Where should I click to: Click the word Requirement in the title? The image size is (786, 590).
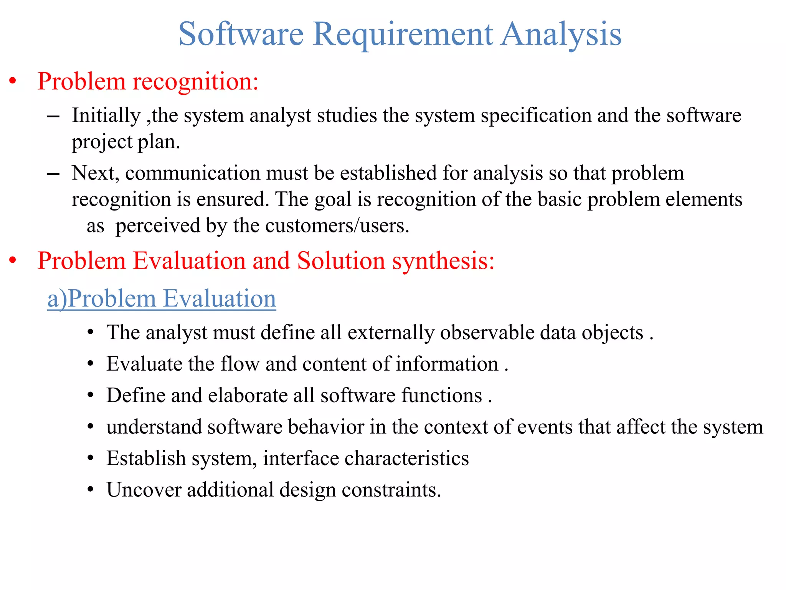click(x=403, y=35)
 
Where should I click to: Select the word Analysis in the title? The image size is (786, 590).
click(x=561, y=35)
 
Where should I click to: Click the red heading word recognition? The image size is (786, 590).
click(x=195, y=82)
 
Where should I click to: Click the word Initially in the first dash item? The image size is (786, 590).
click(x=106, y=116)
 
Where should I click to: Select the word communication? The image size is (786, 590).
click(x=193, y=173)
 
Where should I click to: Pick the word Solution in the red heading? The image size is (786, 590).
click(x=341, y=261)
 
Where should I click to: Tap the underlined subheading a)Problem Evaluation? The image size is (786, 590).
click(x=162, y=298)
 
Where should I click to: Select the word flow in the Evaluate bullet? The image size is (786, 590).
click(x=239, y=364)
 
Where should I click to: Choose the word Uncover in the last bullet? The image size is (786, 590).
click(x=144, y=490)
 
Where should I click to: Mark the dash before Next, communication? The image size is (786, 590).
click(x=53, y=174)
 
